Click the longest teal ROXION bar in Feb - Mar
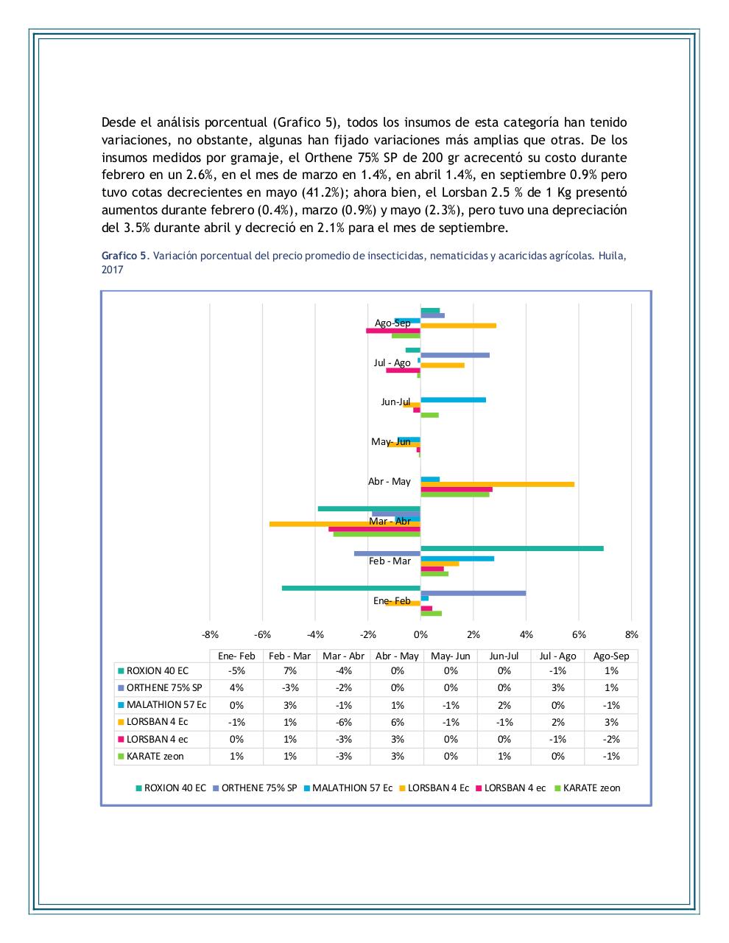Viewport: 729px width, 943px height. point(512,548)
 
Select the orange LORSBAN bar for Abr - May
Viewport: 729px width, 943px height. point(497,484)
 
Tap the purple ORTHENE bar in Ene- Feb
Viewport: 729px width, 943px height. point(473,593)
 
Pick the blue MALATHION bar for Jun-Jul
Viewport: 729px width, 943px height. point(453,400)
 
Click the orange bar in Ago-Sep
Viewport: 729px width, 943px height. point(458,325)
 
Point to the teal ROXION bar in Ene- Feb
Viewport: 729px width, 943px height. point(351,588)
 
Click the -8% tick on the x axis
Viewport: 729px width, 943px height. point(210,634)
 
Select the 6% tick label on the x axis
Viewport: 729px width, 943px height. point(579,634)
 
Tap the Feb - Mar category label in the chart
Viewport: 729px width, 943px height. point(390,561)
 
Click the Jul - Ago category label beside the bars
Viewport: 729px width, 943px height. point(392,362)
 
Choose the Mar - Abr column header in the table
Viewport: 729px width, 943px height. point(344,656)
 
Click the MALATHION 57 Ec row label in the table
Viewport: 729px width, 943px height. point(166,705)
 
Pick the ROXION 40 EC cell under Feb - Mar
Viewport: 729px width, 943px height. point(290,671)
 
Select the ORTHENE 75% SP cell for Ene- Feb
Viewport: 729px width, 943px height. point(236,688)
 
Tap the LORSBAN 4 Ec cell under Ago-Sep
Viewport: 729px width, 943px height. point(611,722)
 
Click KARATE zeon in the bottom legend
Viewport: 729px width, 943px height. point(591,788)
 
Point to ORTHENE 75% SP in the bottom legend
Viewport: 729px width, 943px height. point(258,788)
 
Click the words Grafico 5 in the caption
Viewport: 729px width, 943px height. point(124,256)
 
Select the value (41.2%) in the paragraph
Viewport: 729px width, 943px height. point(329,192)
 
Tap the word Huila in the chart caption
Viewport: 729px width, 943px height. point(613,256)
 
